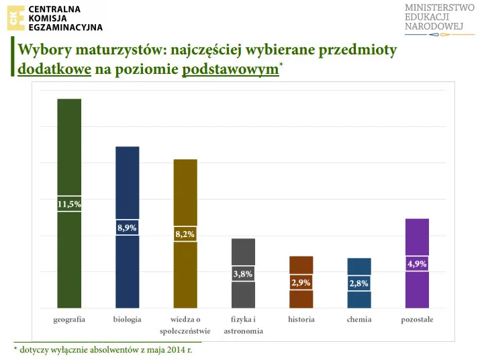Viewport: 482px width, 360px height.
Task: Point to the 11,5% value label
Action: pos(69,204)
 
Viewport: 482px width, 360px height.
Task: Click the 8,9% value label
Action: pos(128,228)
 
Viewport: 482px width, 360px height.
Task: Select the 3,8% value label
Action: pos(243,273)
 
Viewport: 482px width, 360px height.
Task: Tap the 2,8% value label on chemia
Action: pos(358,283)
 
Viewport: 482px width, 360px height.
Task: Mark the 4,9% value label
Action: pos(417,264)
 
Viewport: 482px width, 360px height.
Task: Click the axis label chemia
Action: pos(359,320)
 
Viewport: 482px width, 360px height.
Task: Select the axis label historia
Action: pos(301,320)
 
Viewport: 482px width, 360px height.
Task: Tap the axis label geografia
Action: pos(69,320)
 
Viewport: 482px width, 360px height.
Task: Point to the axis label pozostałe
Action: pos(417,320)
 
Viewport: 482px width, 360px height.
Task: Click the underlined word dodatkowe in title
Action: pos(54,69)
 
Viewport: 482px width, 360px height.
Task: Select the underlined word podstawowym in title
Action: pos(230,69)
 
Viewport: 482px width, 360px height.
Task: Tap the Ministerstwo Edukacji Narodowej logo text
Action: pos(435,17)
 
